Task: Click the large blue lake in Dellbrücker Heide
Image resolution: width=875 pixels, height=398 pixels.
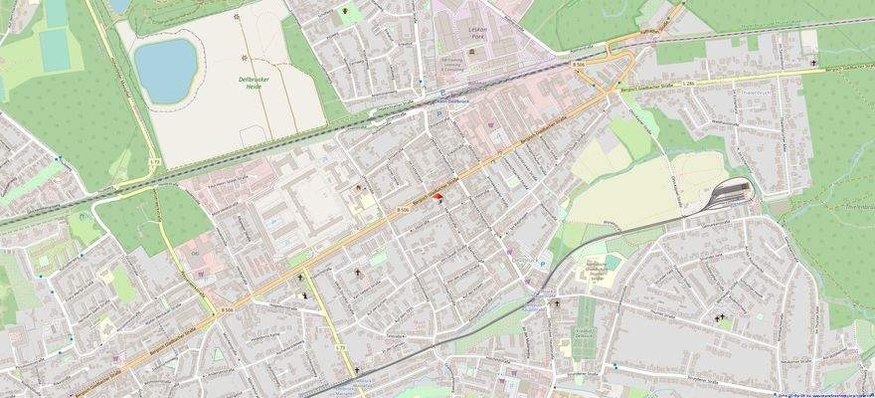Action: [x=166, y=64]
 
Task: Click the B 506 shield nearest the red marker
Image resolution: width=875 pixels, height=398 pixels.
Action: [x=403, y=211]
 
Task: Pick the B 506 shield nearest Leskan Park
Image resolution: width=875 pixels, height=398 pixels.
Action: [x=579, y=64]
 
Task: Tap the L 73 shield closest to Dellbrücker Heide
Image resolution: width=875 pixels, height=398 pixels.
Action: [x=154, y=161]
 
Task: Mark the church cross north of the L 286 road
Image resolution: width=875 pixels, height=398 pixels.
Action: [x=813, y=63]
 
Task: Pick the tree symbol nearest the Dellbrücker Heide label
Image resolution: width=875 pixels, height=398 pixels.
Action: [x=236, y=17]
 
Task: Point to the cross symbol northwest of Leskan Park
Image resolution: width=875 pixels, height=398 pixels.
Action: [x=346, y=12]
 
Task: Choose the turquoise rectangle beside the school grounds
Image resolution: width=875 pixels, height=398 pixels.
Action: [x=378, y=259]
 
